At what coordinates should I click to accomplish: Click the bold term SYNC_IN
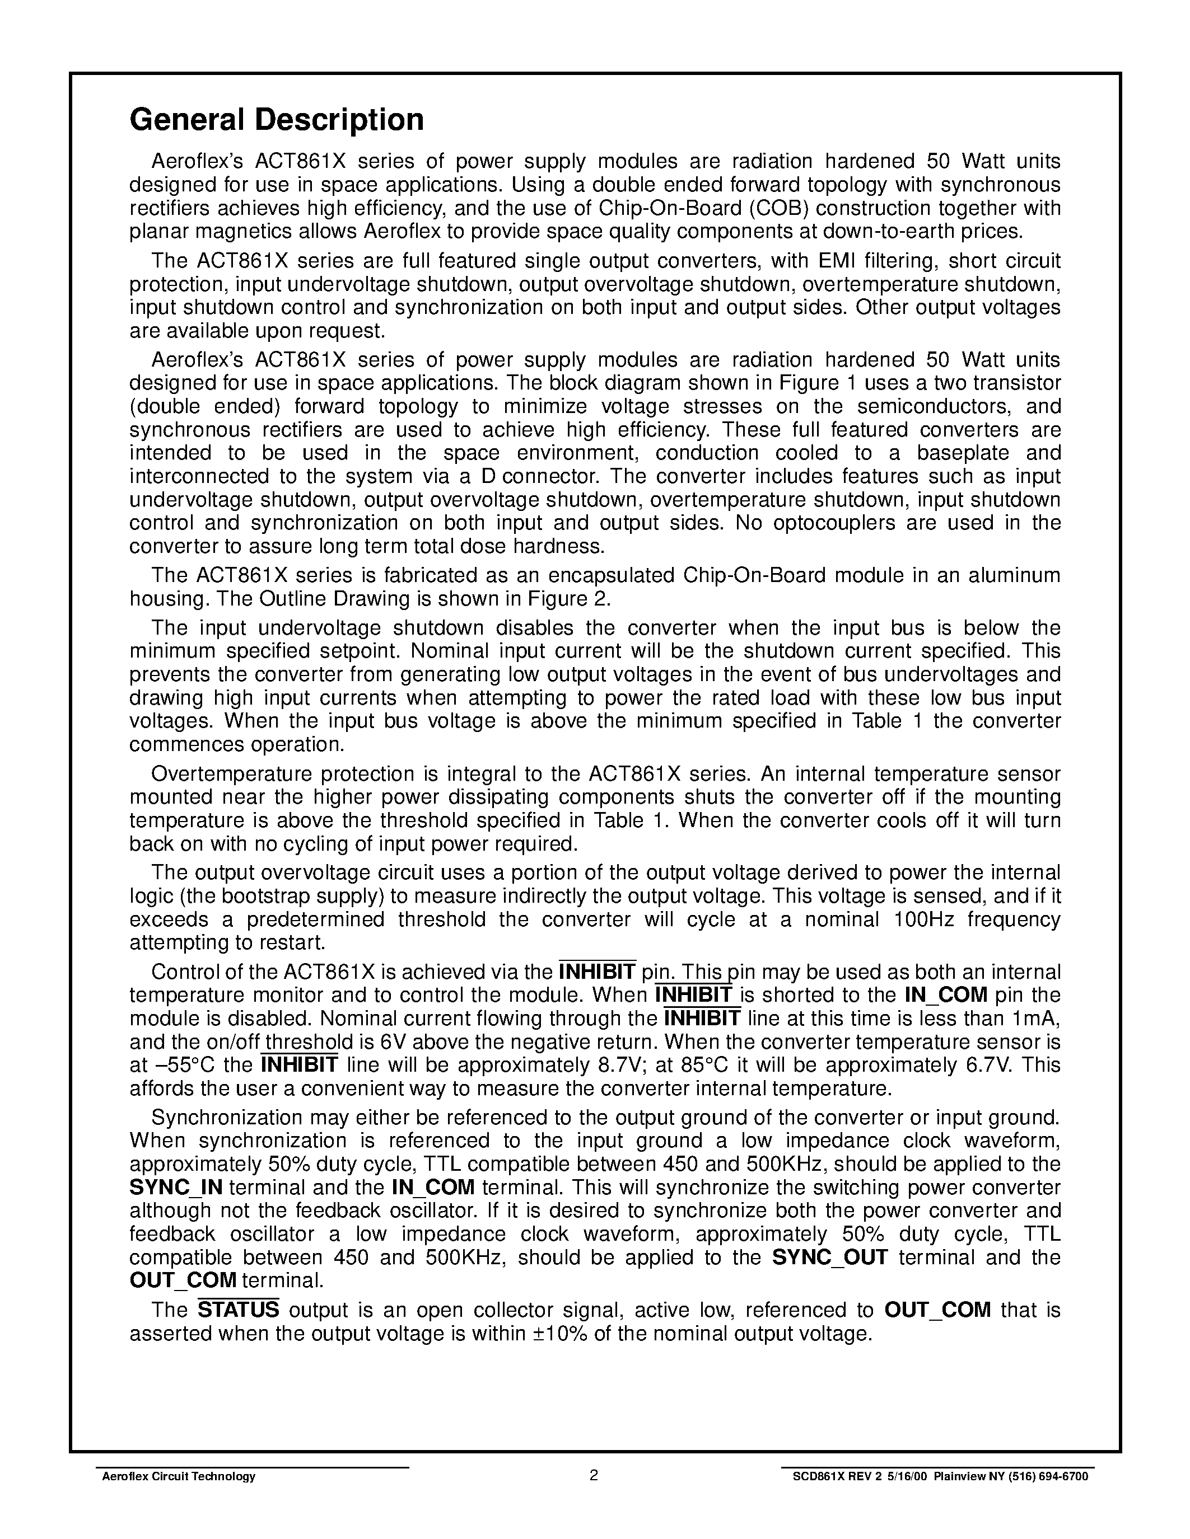coord(176,1188)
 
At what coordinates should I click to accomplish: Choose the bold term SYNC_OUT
coord(830,1257)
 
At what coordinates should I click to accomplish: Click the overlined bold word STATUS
coord(239,1310)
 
